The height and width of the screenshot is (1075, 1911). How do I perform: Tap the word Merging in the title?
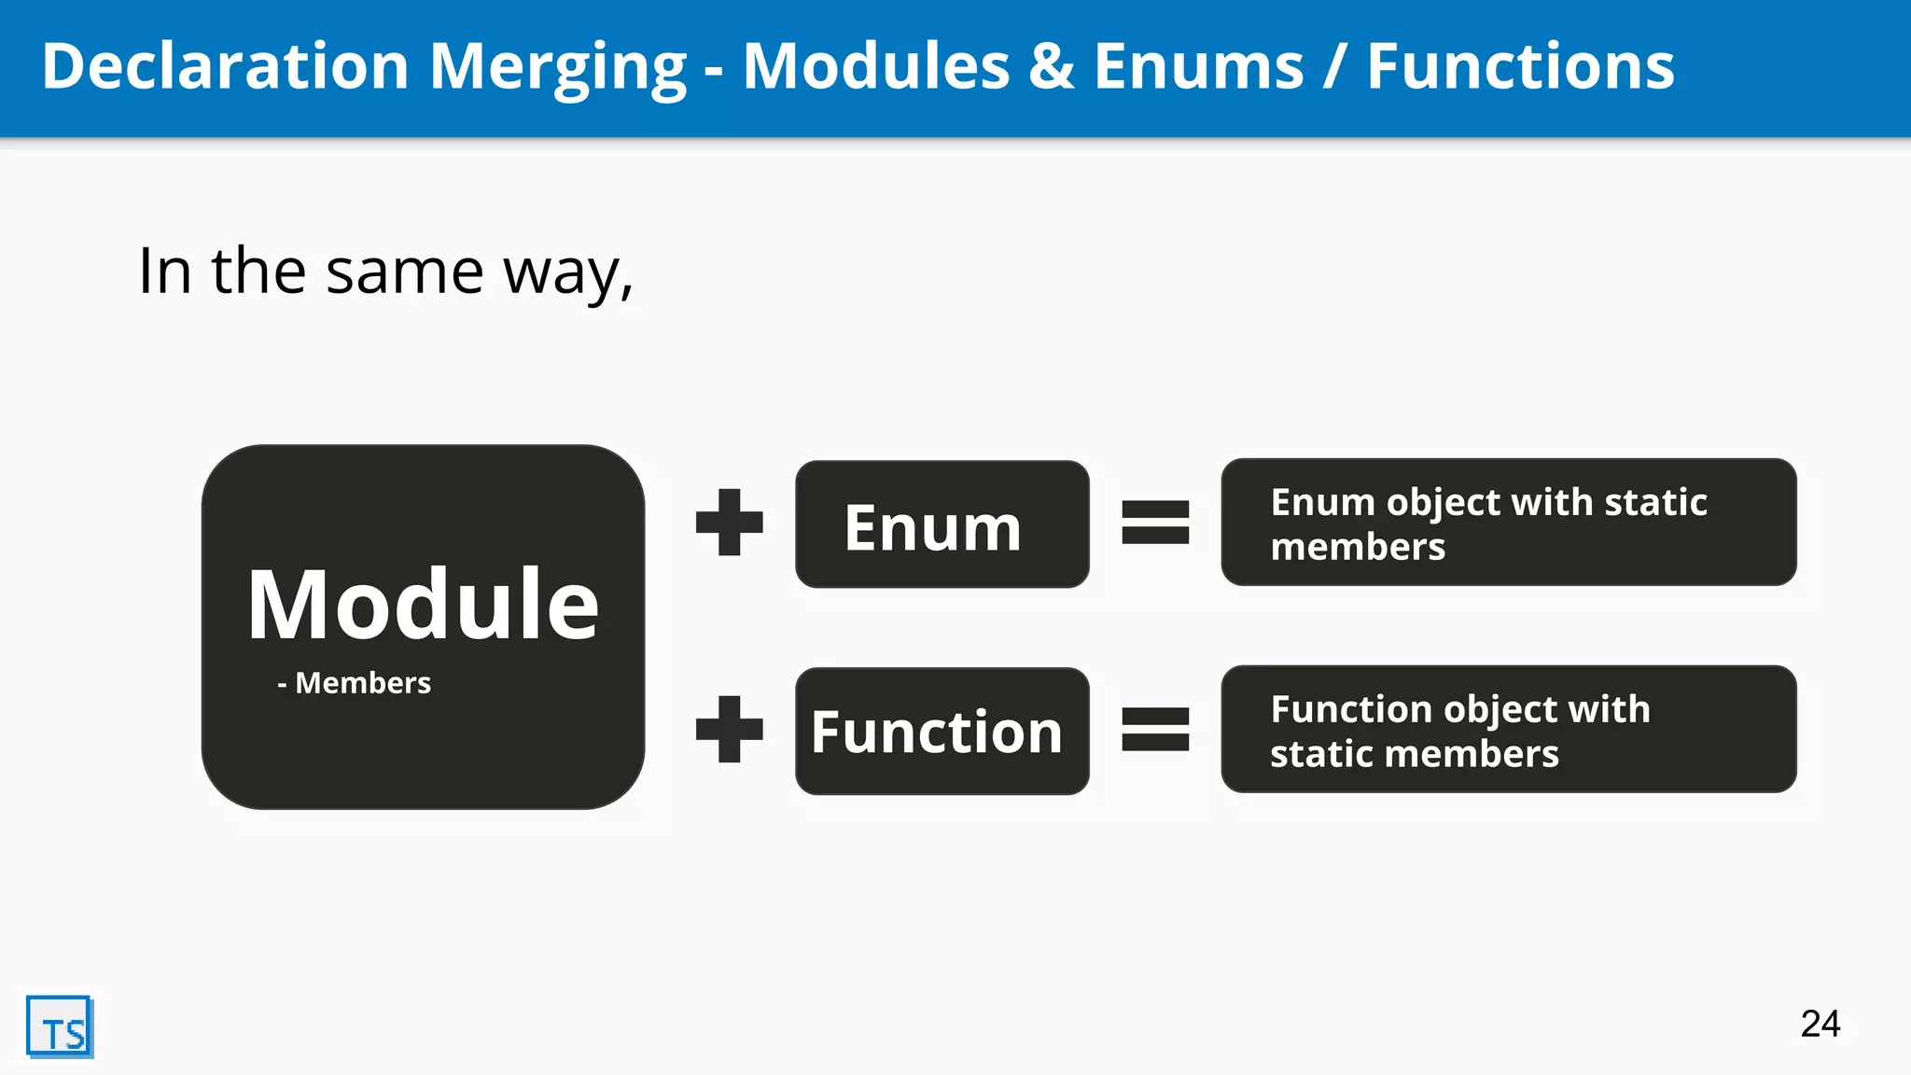[557, 68]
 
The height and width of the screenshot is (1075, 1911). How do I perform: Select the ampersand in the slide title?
[1052, 67]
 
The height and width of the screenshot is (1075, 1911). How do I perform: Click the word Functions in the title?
[1520, 67]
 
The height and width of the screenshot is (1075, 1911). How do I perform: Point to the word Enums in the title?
[1198, 67]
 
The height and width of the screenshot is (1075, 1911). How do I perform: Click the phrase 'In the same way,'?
[385, 272]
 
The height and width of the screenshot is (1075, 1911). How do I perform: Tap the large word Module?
[423, 605]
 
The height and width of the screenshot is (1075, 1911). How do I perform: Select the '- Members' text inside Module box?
[355, 683]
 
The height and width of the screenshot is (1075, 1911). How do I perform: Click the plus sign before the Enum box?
[730, 523]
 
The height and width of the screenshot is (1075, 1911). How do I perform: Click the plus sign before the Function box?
[730, 730]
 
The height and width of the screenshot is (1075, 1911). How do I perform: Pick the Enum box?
[942, 524]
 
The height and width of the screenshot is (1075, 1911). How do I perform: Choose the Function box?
[942, 732]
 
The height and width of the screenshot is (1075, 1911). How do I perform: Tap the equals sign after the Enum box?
[1155, 523]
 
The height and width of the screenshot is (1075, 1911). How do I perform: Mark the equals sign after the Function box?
[1155, 730]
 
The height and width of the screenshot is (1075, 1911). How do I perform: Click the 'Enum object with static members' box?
[1508, 523]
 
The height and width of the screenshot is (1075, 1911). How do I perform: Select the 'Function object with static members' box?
[1508, 730]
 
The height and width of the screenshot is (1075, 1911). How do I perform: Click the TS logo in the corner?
[60, 1026]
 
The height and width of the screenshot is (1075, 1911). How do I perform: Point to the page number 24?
[1820, 1024]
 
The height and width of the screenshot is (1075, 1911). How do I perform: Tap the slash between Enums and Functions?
[1335, 67]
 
